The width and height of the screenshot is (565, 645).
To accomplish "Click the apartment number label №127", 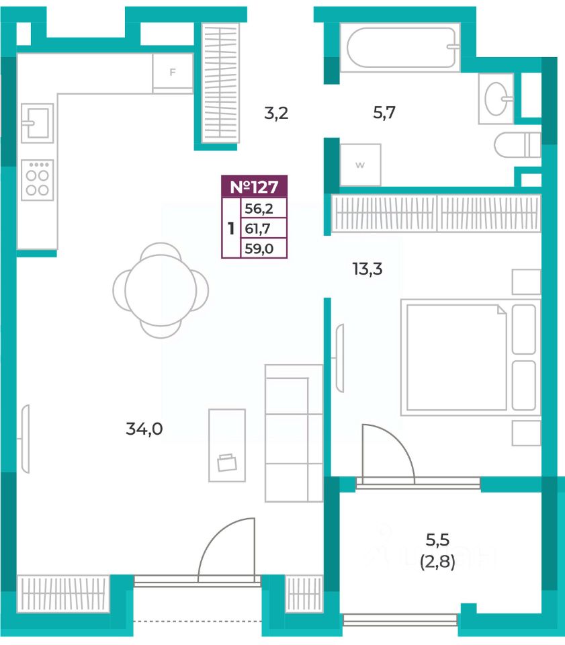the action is click(x=254, y=187).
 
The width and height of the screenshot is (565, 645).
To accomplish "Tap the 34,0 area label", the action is click(x=144, y=429).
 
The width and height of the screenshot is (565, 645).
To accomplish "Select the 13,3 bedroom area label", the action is click(x=367, y=269).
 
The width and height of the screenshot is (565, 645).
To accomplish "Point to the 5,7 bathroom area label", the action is click(x=384, y=112).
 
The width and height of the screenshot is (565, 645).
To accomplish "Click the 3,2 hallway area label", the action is click(x=276, y=112).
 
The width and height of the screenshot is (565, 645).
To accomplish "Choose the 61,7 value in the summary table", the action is click(x=258, y=228).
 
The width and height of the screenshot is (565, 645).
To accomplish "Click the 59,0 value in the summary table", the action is click(x=259, y=249).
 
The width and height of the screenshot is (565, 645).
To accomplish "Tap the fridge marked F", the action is click(x=173, y=73).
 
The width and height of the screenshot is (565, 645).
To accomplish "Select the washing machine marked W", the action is click(x=360, y=165).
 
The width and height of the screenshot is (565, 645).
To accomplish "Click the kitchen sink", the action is click(x=38, y=123).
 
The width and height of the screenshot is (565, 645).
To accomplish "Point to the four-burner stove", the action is click(x=38, y=180).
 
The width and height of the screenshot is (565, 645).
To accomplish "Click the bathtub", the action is click(x=400, y=47).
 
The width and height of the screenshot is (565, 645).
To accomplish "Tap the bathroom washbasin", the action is click(x=496, y=99).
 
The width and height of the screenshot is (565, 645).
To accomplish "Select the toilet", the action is click(x=517, y=145).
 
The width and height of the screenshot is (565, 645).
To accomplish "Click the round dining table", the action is click(x=161, y=290).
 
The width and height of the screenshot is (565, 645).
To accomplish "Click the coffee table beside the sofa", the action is click(x=227, y=445).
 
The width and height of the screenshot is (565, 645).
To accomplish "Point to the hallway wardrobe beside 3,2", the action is click(x=220, y=82).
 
